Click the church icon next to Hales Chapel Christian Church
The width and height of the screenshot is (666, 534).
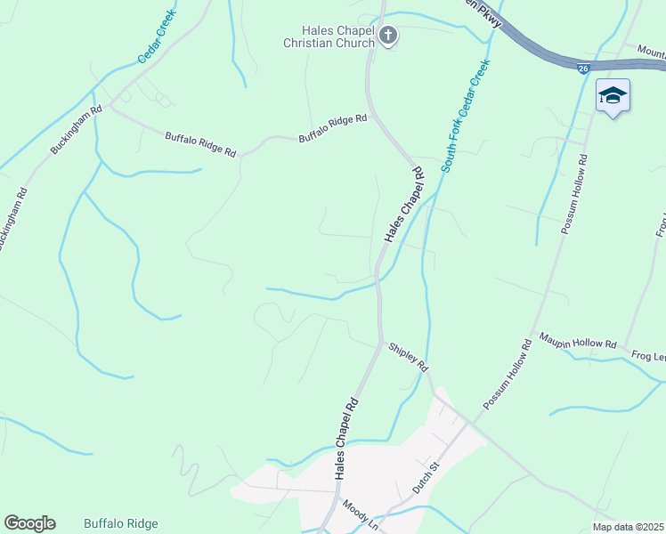[387, 36]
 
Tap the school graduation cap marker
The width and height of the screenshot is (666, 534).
[613, 95]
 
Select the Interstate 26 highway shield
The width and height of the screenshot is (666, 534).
[583, 69]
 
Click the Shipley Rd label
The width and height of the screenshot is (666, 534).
[408, 357]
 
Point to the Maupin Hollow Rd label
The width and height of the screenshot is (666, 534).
[579, 341]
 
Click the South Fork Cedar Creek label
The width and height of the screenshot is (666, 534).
[466, 117]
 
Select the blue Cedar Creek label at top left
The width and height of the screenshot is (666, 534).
[156, 36]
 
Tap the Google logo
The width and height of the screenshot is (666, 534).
[29, 523]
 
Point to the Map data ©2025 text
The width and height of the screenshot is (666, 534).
[628, 527]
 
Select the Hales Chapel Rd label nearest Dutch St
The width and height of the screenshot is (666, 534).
[346, 439]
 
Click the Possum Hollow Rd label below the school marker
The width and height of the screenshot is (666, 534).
[574, 194]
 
